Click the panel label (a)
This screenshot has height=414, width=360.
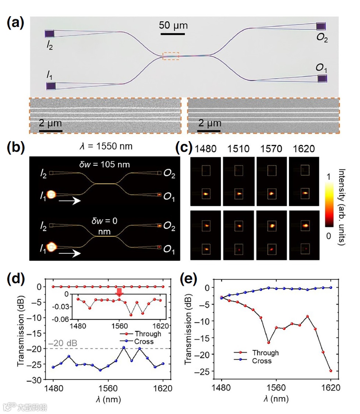click(16, 23)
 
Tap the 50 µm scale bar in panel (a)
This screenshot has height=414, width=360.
click(173, 34)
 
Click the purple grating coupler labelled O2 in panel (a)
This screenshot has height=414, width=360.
click(321, 26)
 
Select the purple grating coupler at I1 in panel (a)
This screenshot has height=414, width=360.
click(51, 86)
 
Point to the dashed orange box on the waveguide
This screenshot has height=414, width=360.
click(171, 56)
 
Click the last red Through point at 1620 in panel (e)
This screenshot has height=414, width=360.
click(331, 371)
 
